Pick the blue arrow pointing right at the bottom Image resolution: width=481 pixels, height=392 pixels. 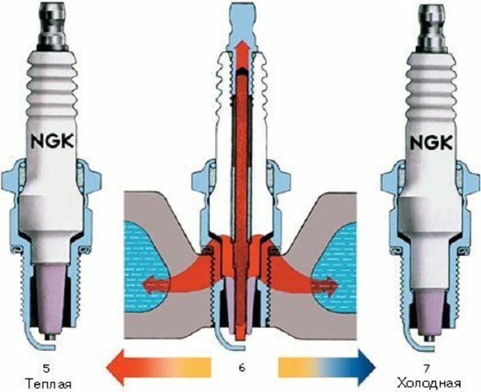326,366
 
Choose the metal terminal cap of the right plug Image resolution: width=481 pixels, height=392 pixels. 431,26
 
